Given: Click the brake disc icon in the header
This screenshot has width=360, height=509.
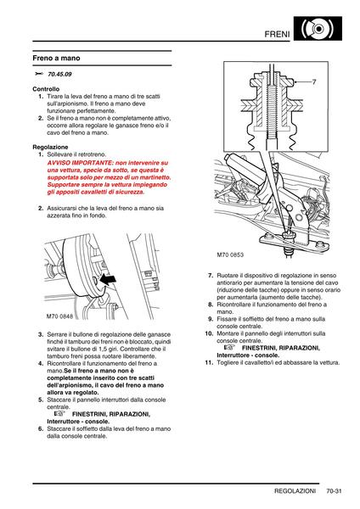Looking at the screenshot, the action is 318,29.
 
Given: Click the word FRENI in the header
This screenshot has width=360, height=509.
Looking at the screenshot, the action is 277,34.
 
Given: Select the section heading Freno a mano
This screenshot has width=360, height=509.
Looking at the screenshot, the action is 56,58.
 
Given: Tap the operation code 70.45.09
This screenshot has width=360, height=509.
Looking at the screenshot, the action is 59,74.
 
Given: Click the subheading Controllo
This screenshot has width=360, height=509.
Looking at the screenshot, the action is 46,89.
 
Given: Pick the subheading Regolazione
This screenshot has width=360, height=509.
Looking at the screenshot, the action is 50,147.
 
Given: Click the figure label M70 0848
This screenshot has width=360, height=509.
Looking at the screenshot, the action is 59,316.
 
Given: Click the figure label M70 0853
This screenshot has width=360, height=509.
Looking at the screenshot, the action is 230,255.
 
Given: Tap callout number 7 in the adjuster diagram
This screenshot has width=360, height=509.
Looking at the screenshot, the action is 314,82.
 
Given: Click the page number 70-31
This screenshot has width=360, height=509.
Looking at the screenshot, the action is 334,491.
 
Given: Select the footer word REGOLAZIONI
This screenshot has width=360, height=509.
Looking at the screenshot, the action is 295,491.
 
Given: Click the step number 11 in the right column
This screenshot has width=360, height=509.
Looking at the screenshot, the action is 209,362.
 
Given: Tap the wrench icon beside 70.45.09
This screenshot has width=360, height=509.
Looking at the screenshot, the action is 39,74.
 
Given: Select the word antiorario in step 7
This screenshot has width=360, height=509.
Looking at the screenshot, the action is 229,282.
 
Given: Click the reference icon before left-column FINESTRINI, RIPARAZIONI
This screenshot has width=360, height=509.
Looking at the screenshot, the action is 59,414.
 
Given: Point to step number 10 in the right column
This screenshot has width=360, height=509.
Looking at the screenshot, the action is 209,333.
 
